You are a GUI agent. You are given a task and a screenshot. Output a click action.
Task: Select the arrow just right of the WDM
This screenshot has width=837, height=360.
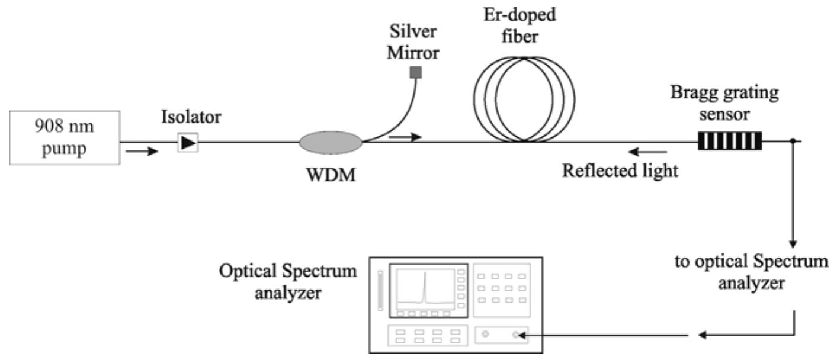tap(405, 137)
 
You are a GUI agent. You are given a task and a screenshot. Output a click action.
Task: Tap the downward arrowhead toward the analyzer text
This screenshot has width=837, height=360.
tap(792, 243)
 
